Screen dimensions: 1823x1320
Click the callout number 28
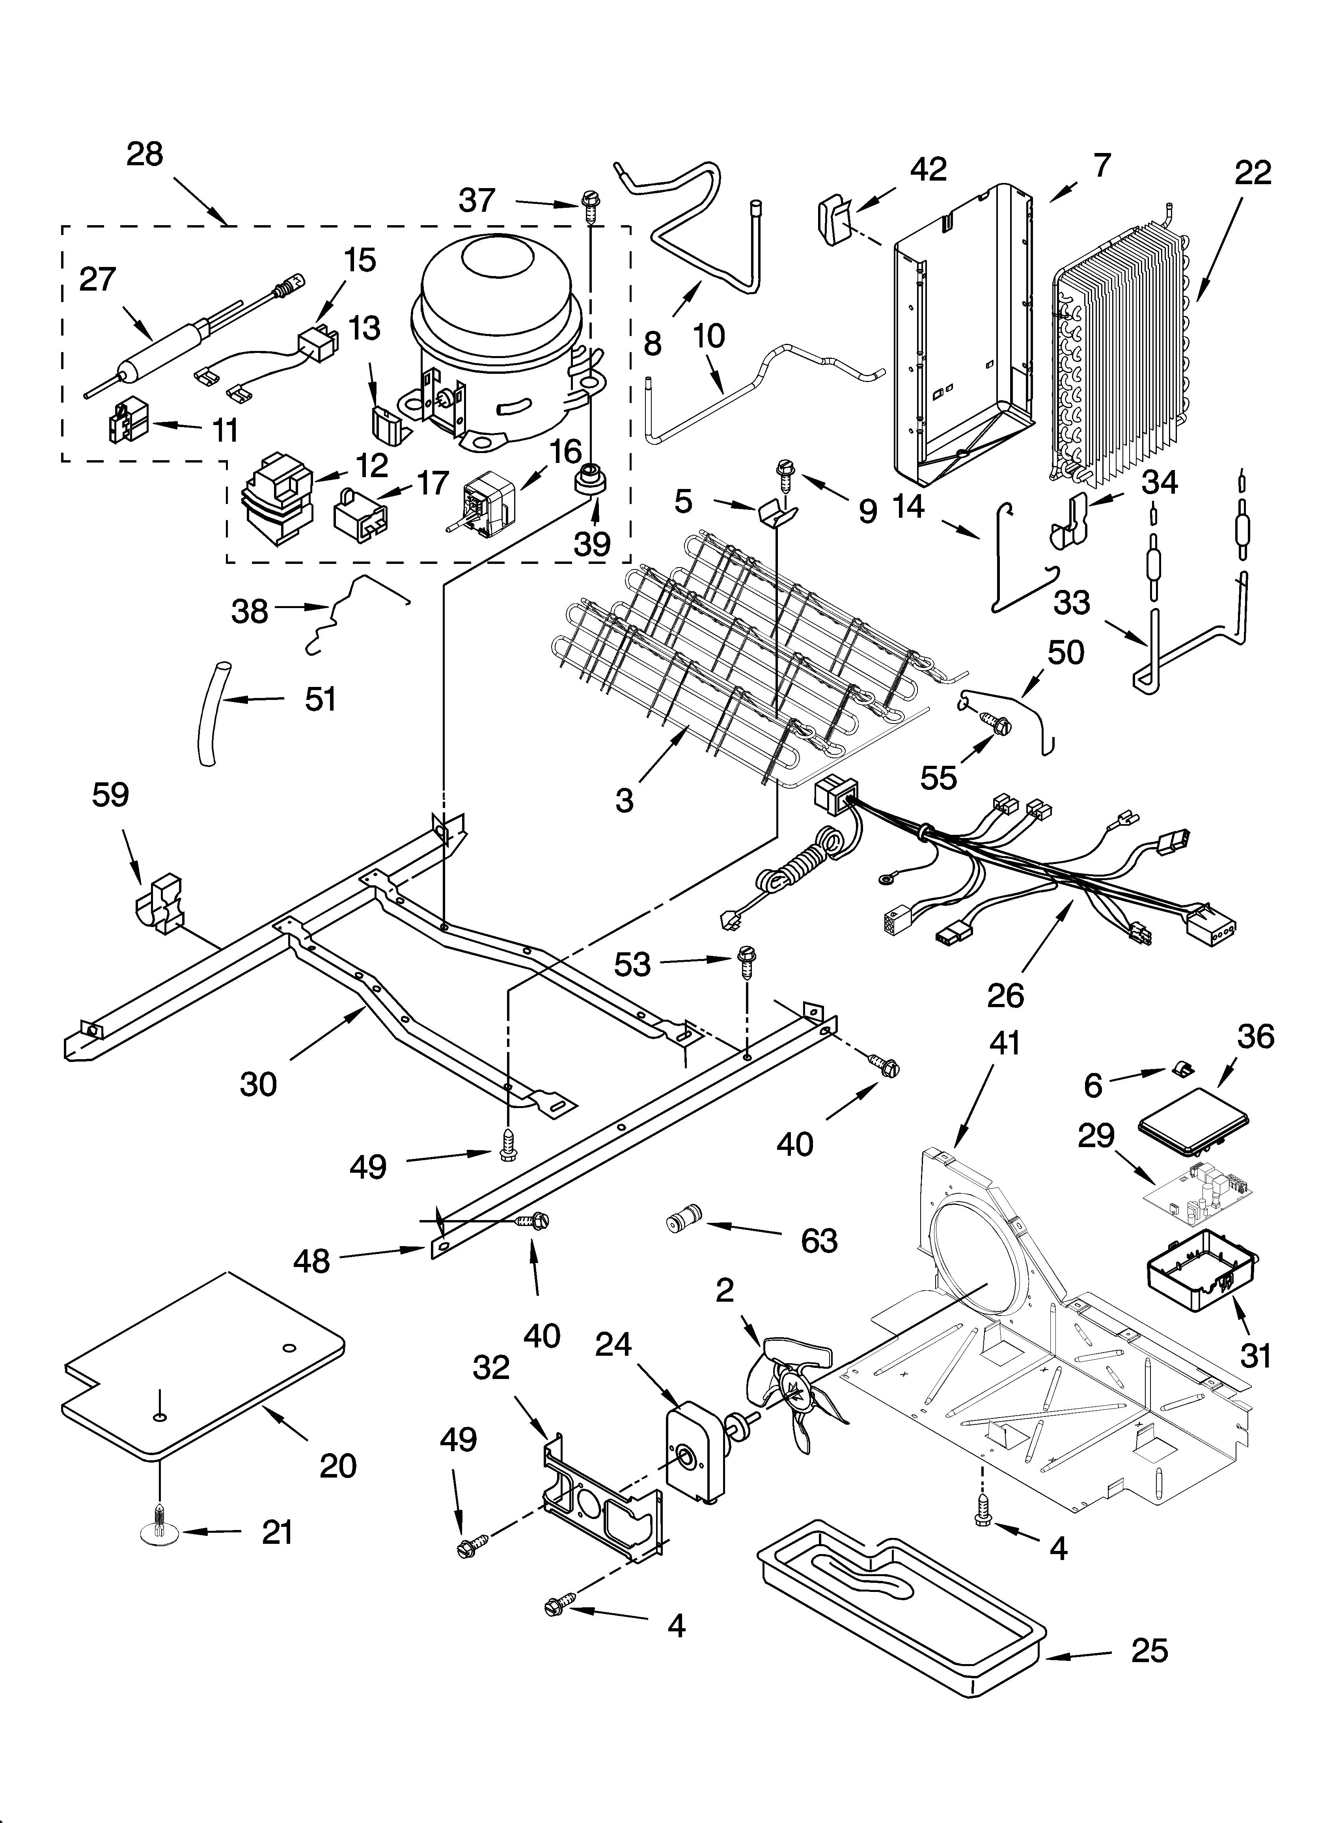[x=145, y=153]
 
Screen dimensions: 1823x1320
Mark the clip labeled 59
[x=163, y=908]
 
